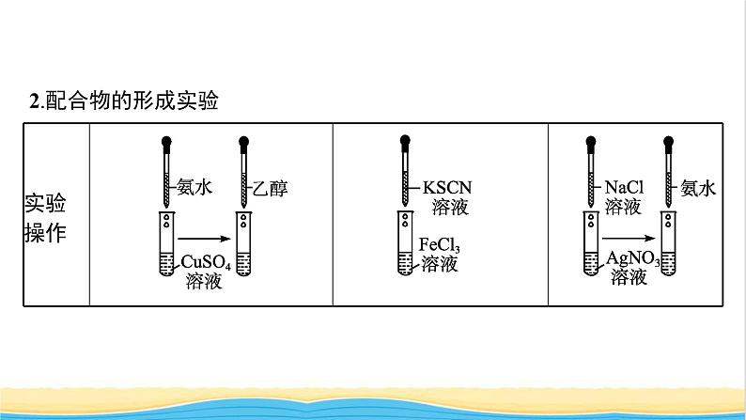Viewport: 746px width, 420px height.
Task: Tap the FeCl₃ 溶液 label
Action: [x=440, y=255]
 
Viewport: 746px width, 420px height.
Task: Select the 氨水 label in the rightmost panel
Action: [x=698, y=188]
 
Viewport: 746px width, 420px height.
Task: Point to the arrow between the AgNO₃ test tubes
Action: [x=628, y=239]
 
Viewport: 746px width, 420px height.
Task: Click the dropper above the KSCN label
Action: [x=405, y=173]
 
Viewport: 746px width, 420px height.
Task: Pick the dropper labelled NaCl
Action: [x=593, y=173]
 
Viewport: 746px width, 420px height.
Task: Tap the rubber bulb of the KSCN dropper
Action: [x=405, y=144]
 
